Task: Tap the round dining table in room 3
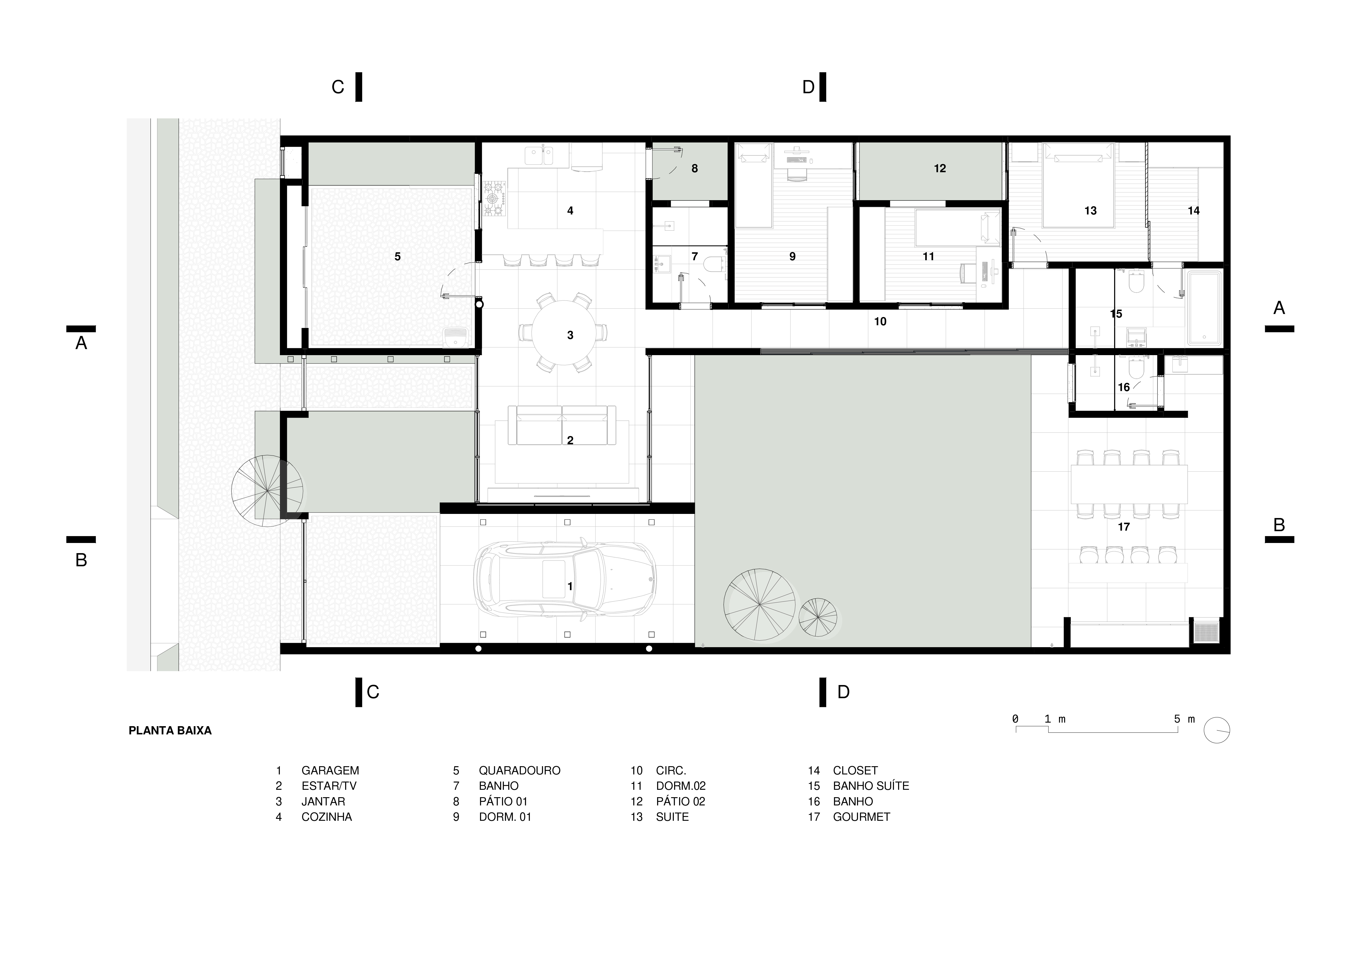pos(563,333)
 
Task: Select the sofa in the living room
pos(566,425)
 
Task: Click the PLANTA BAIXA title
pos(170,730)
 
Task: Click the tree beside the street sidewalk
pos(267,491)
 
